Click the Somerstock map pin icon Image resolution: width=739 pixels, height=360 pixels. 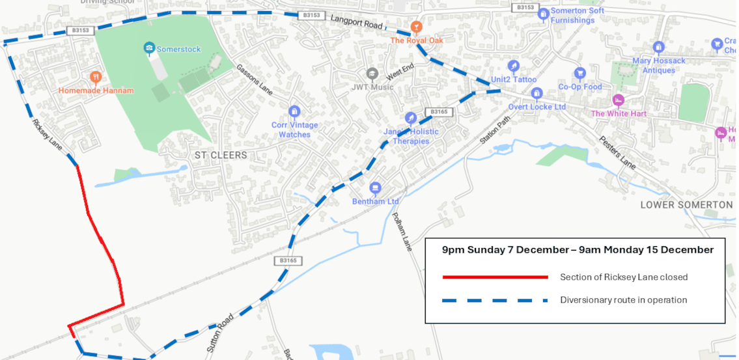[x=149, y=48]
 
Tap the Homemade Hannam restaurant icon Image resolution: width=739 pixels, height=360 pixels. [x=96, y=77]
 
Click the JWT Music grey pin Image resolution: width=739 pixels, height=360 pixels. [x=372, y=74]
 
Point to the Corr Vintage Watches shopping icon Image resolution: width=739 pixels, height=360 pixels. [x=294, y=111]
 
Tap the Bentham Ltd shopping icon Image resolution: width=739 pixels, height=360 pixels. [x=375, y=188]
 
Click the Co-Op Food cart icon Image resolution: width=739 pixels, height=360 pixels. [x=579, y=73]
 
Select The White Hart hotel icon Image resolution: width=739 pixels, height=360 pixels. [x=618, y=100]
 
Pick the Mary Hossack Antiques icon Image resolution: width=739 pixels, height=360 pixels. [x=658, y=47]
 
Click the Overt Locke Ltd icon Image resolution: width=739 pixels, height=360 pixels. [x=537, y=94]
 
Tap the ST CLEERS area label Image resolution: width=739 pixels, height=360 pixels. [x=221, y=156]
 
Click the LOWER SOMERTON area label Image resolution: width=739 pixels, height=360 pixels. [x=686, y=204]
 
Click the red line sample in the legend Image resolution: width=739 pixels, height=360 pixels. [x=495, y=277]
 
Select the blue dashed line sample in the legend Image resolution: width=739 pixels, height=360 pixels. [x=495, y=301]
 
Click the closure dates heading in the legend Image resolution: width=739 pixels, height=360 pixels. [x=578, y=250]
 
